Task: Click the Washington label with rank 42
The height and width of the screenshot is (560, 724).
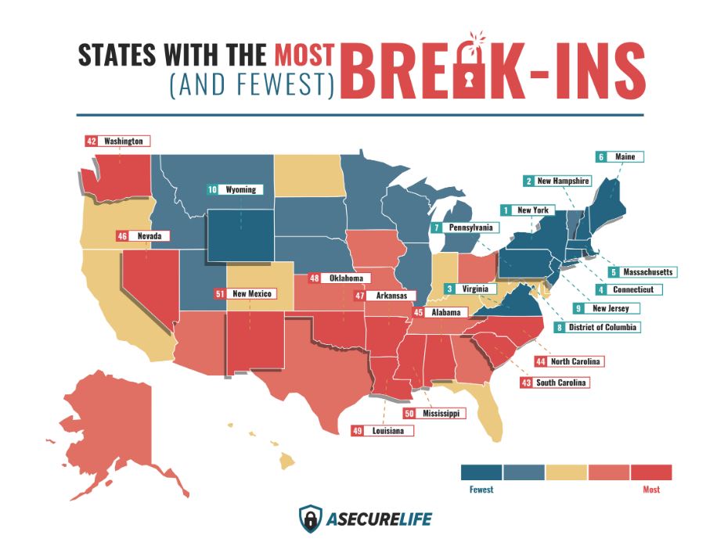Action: tap(117, 142)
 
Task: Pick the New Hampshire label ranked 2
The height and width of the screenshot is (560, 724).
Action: tap(557, 181)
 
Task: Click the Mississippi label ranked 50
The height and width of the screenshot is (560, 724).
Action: tap(430, 413)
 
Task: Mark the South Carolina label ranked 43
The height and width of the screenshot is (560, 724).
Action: tap(553, 382)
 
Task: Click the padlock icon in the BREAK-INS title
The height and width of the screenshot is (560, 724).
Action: tap(475, 68)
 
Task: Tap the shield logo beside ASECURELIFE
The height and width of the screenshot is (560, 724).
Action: tap(311, 518)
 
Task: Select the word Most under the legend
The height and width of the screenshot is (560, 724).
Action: tap(650, 490)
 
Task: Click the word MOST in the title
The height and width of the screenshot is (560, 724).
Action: tap(304, 55)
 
